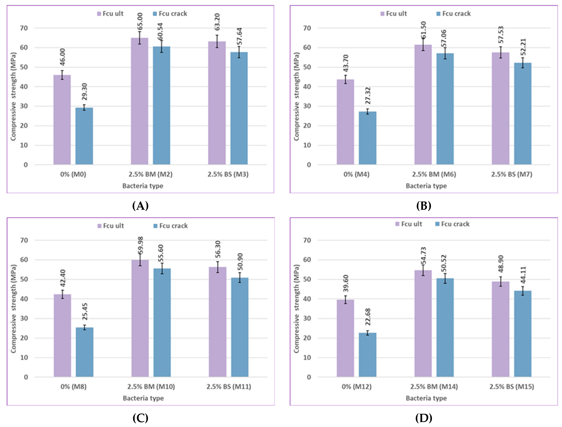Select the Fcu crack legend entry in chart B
[454, 14]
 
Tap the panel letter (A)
[140, 206]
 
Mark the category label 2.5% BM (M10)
[151, 387]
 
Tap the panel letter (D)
[423, 418]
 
